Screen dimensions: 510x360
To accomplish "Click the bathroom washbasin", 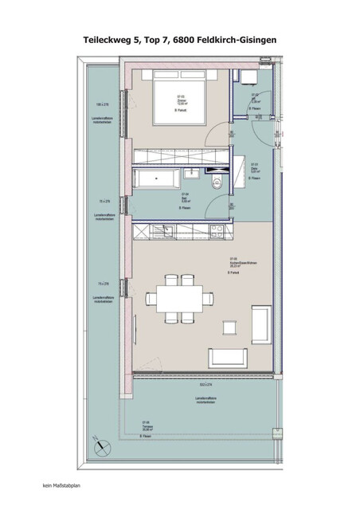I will click(x=191, y=173).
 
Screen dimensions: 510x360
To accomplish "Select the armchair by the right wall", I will click(x=260, y=322).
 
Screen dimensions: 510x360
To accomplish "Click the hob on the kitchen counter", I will click(x=214, y=231).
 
